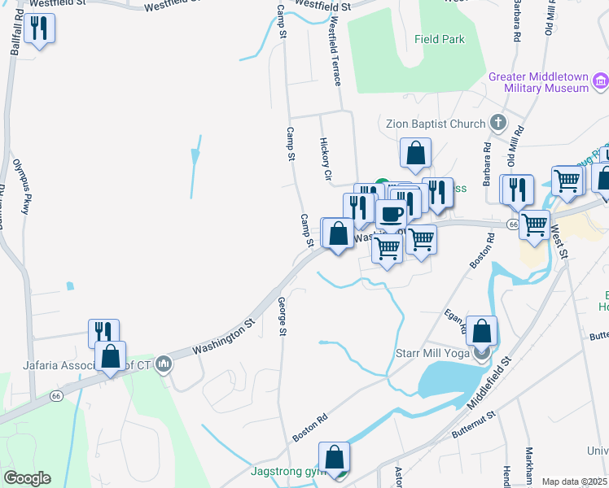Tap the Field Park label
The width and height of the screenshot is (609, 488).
coord(439,39)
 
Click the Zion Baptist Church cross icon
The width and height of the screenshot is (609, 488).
coord(498,124)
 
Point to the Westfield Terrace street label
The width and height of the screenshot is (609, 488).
coord(334,54)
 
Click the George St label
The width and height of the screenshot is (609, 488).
coord(282,316)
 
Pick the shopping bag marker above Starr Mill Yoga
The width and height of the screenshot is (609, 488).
coord(482,331)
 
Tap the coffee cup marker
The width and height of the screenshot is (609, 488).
coord(391,215)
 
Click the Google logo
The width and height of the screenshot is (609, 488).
coord(26,478)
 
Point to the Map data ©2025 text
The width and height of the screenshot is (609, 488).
coord(574,481)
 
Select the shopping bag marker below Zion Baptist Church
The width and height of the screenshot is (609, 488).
coord(415,152)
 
